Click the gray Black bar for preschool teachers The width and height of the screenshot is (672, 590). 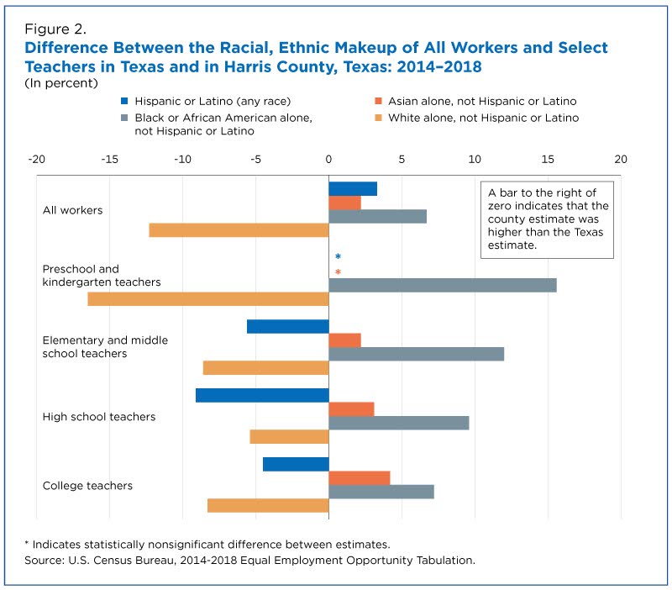point(442,285)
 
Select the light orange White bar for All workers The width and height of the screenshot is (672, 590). point(239,230)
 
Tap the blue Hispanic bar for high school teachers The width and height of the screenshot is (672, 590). point(262,395)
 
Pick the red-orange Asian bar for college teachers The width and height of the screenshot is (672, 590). point(359,478)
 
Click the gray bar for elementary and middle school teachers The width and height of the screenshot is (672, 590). point(416,354)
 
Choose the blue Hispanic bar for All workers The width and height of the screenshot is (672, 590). point(352,189)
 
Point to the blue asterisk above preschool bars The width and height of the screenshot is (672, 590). point(338,257)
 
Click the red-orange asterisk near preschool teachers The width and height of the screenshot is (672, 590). point(338,272)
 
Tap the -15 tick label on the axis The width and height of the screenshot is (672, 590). point(109,159)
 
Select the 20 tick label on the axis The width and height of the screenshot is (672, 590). point(621,159)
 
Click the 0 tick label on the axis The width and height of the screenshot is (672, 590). point(328,159)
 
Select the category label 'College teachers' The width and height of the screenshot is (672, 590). point(87,486)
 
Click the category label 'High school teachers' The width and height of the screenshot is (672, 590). point(99,417)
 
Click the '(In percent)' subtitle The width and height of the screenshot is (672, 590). point(62,83)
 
